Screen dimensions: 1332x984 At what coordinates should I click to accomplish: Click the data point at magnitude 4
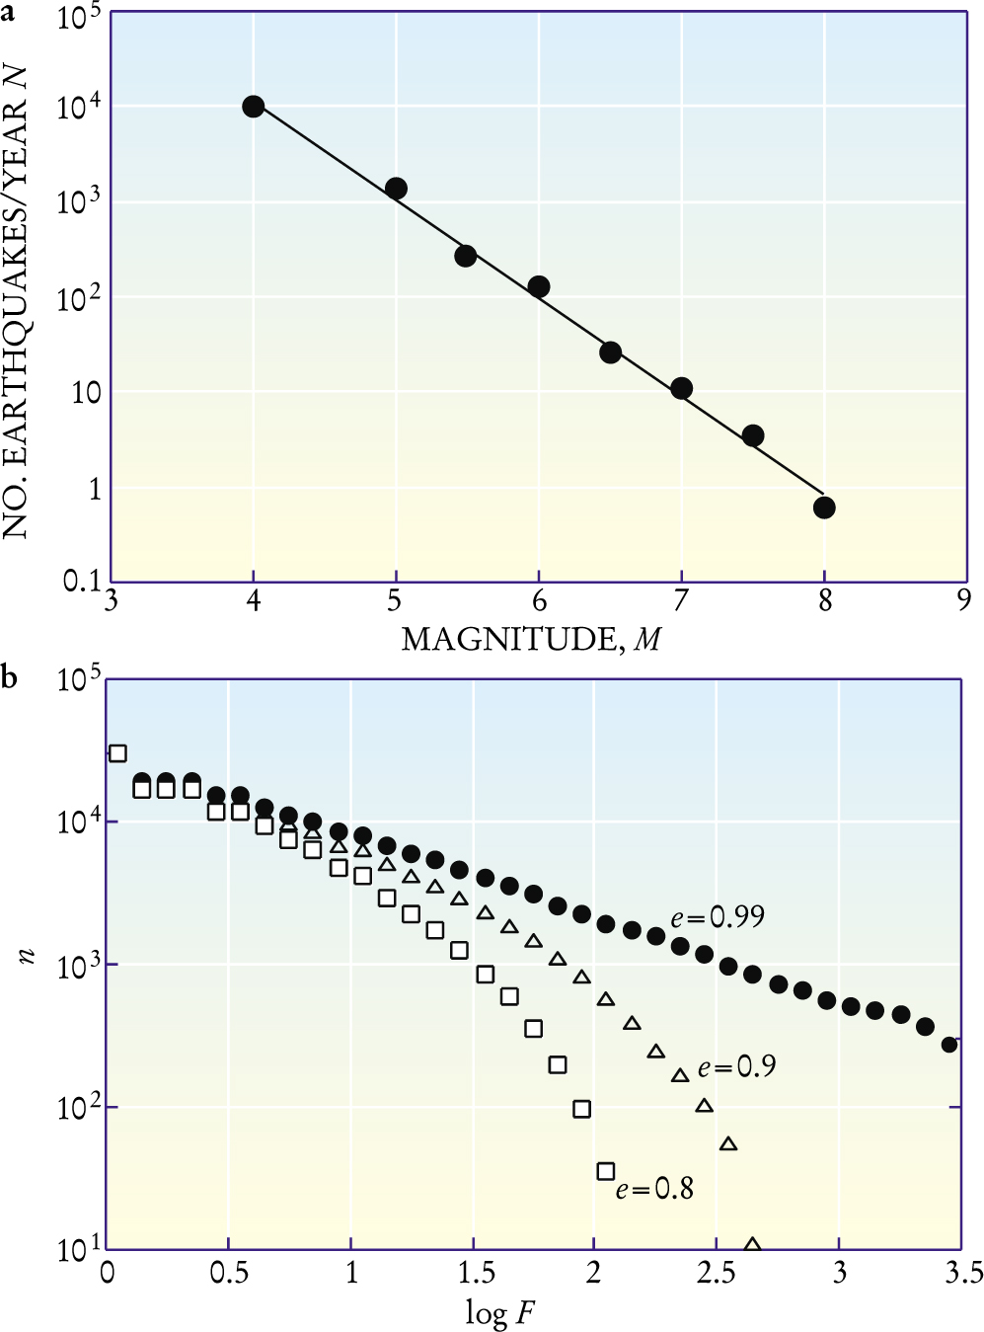254,107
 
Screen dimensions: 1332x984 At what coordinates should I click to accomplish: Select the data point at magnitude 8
824,508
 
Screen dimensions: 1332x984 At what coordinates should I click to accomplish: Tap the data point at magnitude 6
539,287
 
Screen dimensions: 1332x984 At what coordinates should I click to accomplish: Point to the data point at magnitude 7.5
753,435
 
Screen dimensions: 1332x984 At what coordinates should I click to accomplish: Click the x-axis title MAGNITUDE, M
531,640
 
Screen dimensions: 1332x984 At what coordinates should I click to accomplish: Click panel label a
9,11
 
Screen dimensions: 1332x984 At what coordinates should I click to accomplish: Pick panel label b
9,678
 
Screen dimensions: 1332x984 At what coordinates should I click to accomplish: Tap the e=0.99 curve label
718,917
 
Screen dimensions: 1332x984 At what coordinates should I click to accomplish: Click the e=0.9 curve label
736,1067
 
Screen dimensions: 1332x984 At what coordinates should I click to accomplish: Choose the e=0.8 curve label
654,1188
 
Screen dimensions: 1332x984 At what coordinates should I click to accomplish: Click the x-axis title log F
500,1313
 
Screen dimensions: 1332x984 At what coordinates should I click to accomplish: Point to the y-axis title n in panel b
27,956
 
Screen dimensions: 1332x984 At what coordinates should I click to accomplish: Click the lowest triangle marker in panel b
753,1245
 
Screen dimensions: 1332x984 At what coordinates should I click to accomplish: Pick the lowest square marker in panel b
606,1171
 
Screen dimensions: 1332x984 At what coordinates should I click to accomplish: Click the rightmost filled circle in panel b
949,1044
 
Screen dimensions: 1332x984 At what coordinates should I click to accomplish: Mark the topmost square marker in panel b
117,753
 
